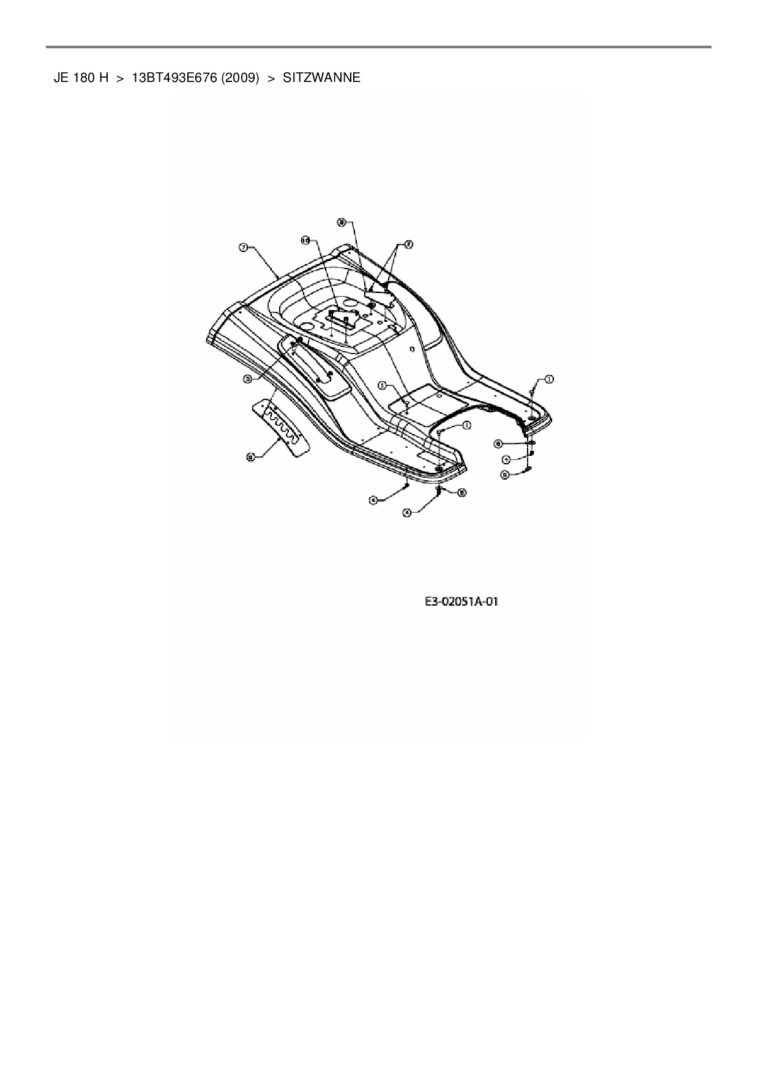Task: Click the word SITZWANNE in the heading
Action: pos(321,78)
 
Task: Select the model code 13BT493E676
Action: pos(174,78)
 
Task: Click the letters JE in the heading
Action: pos(60,78)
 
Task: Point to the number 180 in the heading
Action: pos(83,78)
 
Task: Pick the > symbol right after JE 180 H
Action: pos(120,78)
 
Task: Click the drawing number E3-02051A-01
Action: pos(462,602)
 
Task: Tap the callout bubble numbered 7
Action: pos(243,247)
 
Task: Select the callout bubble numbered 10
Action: pos(306,241)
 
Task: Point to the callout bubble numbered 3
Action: pos(248,379)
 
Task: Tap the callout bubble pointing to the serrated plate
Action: pos(250,456)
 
